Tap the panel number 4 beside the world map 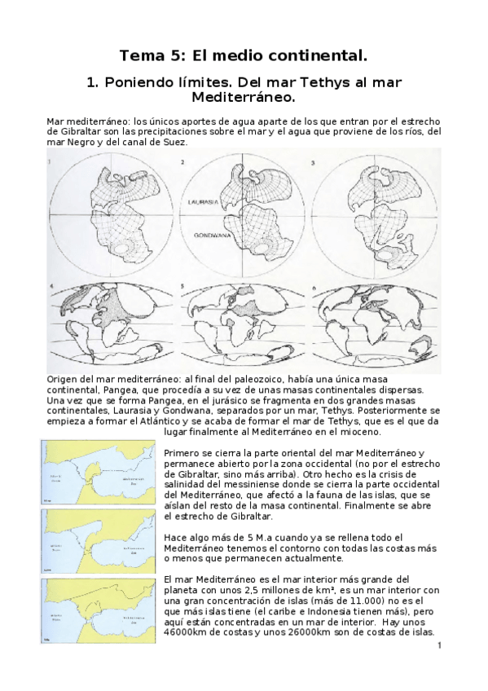tap(51, 286)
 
